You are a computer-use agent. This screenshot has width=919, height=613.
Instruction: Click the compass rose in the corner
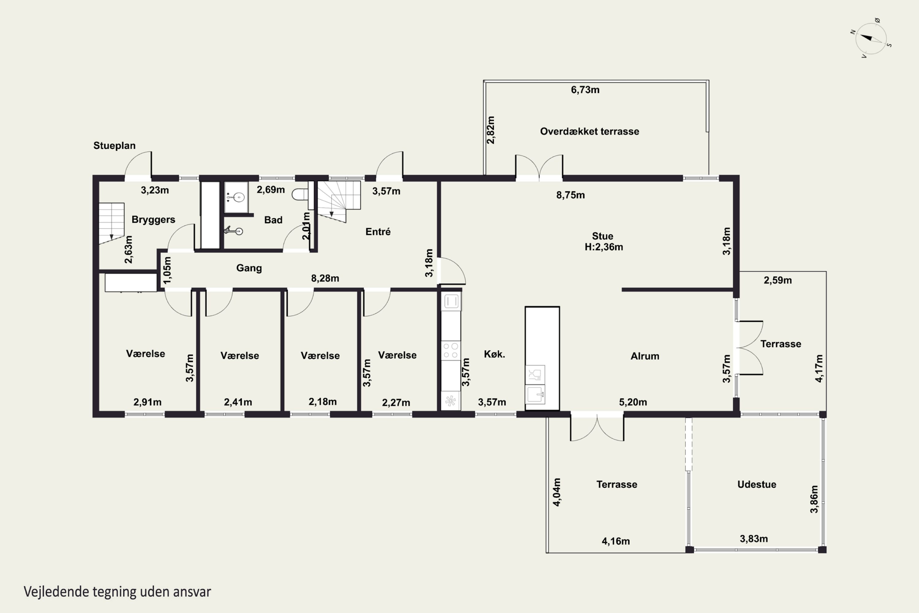tap(871, 38)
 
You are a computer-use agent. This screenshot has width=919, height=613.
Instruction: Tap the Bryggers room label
tap(153, 220)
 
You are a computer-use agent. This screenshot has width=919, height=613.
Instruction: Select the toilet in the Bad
tap(300, 194)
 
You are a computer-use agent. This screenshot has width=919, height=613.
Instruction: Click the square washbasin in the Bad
tap(236, 197)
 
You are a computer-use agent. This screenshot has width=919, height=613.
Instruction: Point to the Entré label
tap(378, 232)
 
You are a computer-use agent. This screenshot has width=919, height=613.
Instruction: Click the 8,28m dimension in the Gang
tap(325, 278)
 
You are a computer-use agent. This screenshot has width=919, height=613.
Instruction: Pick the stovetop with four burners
tap(451, 350)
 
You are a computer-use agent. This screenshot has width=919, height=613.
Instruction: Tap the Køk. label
tap(494, 354)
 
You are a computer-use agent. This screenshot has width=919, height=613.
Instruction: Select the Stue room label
tap(603, 236)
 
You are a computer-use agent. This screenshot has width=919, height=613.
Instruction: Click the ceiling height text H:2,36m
tap(604, 247)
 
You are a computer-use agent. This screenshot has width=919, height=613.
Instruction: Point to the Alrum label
tap(645, 356)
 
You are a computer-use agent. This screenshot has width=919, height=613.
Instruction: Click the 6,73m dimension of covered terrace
tap(585, 90)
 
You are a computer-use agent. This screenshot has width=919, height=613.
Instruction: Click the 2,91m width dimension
tap(147, 402)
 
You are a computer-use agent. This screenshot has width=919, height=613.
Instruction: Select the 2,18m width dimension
tap(322, 402)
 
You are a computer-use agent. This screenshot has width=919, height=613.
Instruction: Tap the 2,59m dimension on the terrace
tap(777, 280)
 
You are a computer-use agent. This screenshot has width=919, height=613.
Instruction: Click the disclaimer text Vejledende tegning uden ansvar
tap(117, 592)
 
